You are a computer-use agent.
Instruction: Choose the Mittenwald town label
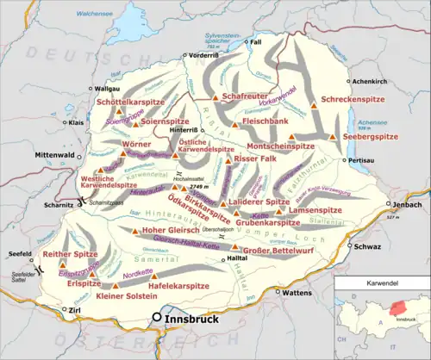pyautogui.click(x=26, y=156)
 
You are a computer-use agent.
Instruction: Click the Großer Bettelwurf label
pyautogui.click(x=277, y=251)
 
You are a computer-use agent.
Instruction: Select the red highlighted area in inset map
pyautogui.click(x=398, y=307)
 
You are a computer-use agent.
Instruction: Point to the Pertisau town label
pyautogui.click(x=365, y=160)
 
